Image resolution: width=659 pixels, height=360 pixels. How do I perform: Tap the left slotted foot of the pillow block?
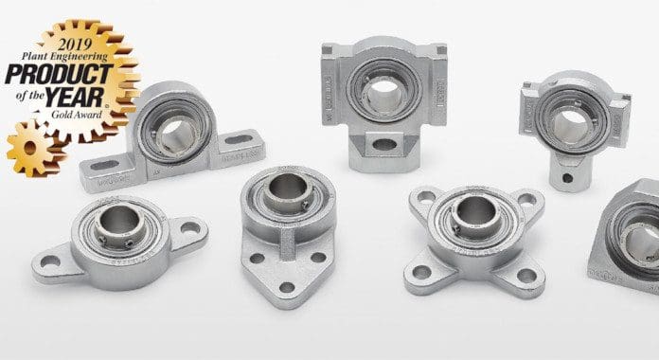click(103, 175)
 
